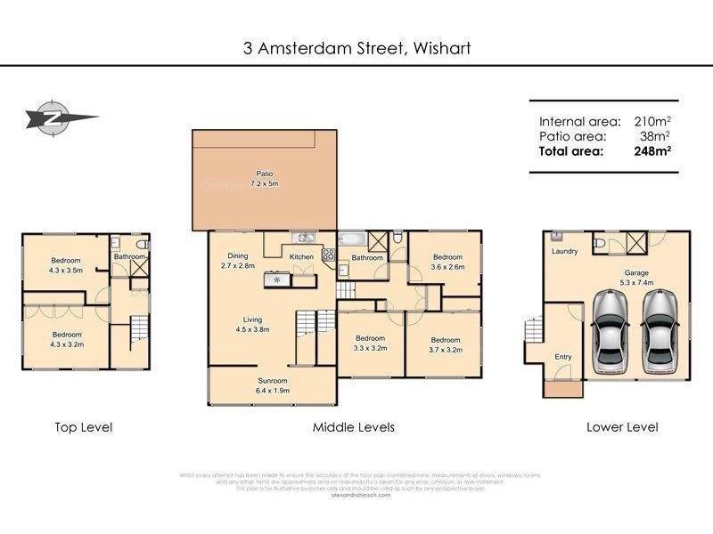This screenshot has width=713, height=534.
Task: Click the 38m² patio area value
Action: [x=655, y=136]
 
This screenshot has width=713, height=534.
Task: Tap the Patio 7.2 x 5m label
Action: [x=264, y=179]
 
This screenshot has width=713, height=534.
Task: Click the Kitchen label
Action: [x=301, y=257]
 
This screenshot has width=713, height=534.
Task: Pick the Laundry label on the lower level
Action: [x=564, y=252]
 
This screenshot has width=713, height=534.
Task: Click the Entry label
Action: [x=563, y=357]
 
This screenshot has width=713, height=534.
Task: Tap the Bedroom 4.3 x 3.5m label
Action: [x=65, y=265]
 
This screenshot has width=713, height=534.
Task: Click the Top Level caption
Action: [x=84, y=427]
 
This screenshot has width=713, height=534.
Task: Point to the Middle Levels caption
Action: [x=353, y=427]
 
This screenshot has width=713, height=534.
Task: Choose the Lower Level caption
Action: [x=622, y=427]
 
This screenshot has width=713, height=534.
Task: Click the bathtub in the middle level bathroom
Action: [x=353, y=239]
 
